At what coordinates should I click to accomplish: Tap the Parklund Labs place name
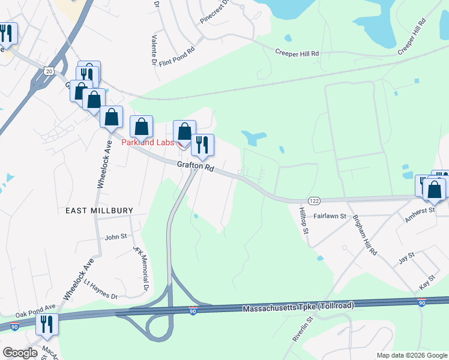coord(148,142)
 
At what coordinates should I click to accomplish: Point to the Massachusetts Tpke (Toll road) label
coord(298,307)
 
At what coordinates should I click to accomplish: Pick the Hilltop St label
coord(304,221)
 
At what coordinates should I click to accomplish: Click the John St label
coord(116,236)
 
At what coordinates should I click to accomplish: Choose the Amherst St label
coord(418,214)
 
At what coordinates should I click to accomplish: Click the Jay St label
coord(406,262)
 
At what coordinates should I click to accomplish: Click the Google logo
coord(20,353)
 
